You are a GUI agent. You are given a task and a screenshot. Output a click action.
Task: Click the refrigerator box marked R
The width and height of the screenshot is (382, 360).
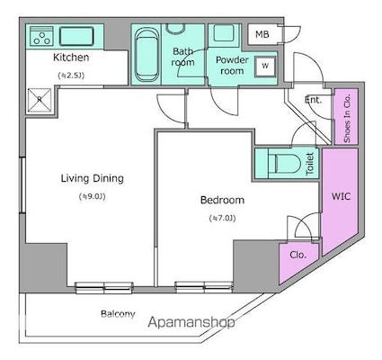(x=38, y=100)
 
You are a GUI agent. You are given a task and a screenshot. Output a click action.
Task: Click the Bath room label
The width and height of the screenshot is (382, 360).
(x=183, y=57)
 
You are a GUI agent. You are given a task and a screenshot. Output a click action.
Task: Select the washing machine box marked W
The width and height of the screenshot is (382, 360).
(x=265, y=66)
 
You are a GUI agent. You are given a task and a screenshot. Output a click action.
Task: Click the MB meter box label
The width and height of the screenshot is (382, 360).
(x=262, y=35)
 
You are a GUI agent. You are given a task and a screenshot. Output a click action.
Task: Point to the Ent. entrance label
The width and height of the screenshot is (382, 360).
(x=313, y=100)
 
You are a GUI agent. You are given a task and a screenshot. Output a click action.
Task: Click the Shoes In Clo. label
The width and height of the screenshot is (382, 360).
(x=347, y=118)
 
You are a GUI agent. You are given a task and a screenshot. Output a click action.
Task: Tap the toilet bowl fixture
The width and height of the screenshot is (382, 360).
(x=281, y=165)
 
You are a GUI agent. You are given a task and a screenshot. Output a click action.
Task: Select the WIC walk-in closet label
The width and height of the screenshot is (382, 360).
(x=341, y=195)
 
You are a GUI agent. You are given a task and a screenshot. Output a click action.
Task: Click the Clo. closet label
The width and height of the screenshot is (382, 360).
(x=297, y=255)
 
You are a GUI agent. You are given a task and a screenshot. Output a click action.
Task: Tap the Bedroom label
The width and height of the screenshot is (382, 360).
(x=221, y=200)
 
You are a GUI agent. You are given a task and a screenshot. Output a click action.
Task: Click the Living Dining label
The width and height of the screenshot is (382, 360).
(x=92, y=178)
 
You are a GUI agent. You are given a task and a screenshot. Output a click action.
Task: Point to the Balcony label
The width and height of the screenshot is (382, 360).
(x=118, y=314)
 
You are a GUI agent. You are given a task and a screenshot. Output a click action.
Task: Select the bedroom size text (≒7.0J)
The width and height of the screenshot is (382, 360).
(x=221, y=219)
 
